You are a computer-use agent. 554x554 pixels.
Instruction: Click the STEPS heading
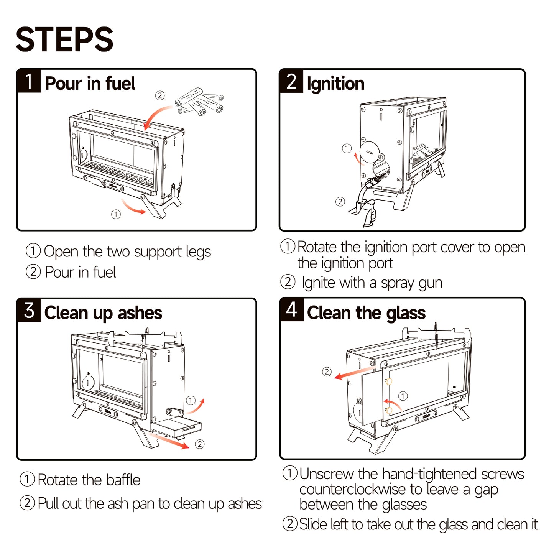point(64,39)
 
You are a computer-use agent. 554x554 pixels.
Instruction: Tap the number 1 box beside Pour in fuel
point(29,81)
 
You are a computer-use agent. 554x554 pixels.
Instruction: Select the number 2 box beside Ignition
point(291,81)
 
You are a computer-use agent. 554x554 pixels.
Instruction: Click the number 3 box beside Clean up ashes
point(29,310)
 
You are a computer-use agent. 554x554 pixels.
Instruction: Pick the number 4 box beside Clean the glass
point(291,309)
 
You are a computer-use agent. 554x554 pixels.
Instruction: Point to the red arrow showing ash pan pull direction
point(171,441)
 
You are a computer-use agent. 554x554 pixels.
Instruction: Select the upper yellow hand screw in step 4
point(389,381)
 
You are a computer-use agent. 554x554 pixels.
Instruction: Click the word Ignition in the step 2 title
point(335,84)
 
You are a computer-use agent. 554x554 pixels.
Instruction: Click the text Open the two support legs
point(127,252)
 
